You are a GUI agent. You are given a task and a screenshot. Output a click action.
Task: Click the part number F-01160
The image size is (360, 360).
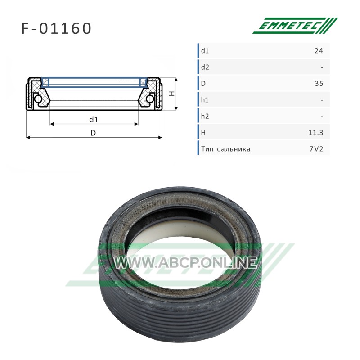56,28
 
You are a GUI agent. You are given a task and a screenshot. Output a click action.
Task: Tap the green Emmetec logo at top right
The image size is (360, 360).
295,26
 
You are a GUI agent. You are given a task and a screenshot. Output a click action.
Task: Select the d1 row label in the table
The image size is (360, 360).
205,51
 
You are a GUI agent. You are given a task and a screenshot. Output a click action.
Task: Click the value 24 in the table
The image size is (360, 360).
319,51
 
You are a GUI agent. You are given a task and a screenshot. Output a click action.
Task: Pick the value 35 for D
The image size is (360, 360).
319,84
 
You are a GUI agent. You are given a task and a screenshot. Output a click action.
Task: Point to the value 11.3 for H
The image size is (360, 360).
316,133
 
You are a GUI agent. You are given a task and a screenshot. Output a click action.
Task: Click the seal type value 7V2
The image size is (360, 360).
316,149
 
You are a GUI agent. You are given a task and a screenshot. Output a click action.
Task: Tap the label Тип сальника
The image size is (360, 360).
226,149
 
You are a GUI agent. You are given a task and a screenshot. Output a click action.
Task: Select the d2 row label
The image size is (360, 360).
205,67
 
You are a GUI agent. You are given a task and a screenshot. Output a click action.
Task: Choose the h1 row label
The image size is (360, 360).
205,100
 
